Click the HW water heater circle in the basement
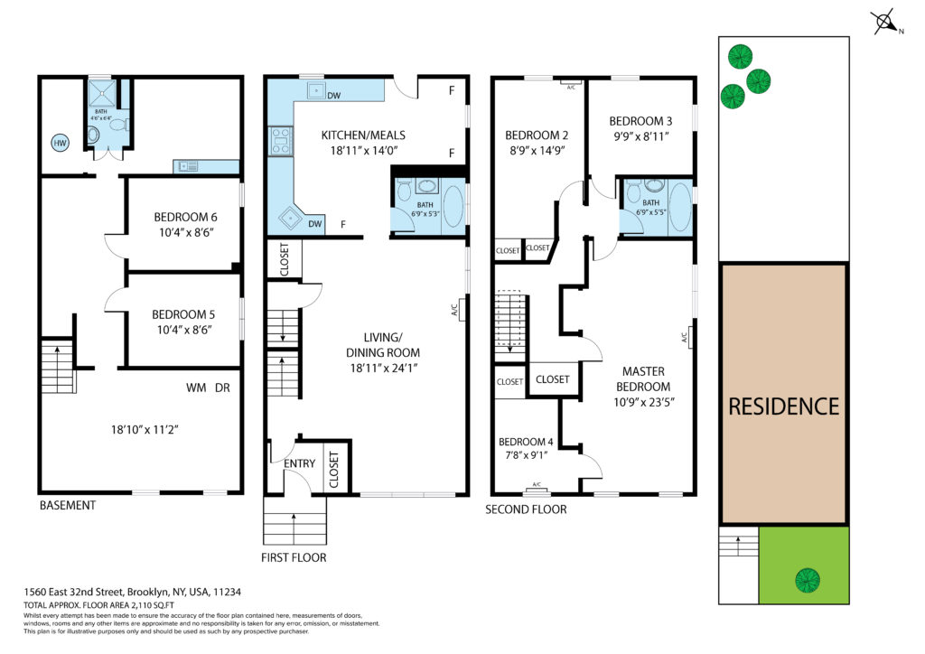61,143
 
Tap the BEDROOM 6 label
185,217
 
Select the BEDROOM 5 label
183,314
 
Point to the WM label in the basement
196,388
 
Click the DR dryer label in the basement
222,388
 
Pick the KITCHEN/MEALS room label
363,135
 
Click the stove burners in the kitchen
281,141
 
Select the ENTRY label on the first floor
300,463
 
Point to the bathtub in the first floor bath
453,206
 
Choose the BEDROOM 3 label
640,121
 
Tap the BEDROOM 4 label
526,442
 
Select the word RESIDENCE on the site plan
783,406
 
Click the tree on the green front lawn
807,580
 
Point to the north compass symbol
886,23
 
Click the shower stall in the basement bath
102,92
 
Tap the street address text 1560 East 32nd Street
74,592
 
